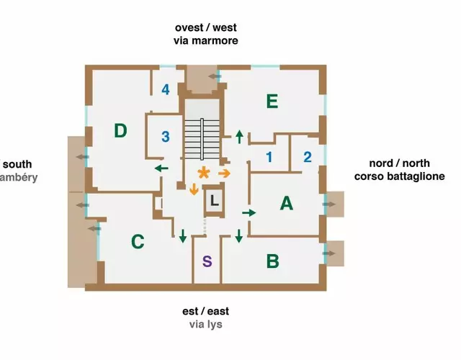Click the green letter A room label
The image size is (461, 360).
pos(287,204)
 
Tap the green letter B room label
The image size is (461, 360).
pos(272,261)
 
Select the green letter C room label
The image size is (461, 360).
pos(138,242)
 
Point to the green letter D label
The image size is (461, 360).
pos(120,130)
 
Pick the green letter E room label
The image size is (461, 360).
pos(272,102)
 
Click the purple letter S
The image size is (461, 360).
pos(207,261)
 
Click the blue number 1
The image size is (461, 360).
pos(269,157)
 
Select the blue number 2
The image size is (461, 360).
pos(307,157)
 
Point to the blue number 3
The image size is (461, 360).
pos(166,136)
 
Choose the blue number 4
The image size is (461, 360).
pos(166,90)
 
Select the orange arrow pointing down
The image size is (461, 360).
pos(194,189)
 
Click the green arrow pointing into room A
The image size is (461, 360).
pos(249,213)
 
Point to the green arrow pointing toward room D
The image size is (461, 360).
pos(161,168)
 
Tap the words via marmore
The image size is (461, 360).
pos(206,41)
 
